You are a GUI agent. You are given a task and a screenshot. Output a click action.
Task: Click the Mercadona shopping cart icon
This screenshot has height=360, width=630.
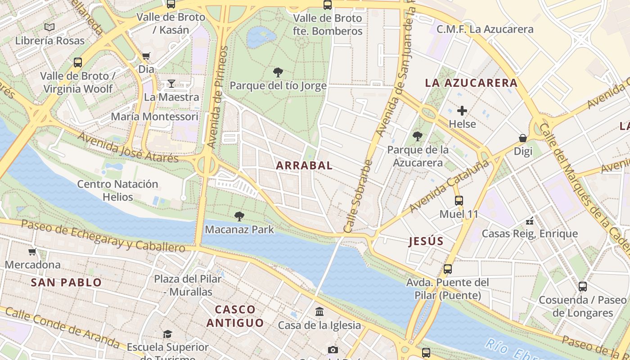32,252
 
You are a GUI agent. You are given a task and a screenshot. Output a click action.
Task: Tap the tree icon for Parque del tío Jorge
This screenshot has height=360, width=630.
278,72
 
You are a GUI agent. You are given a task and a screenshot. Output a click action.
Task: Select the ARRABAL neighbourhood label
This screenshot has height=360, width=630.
304,166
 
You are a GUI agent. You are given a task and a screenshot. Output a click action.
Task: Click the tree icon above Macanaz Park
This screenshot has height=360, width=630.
239,216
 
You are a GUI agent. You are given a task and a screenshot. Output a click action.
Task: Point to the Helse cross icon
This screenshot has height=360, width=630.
462,111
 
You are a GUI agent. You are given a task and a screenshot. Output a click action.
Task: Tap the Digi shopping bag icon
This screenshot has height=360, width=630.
523,138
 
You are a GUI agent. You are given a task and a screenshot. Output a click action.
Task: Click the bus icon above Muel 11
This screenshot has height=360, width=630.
459,201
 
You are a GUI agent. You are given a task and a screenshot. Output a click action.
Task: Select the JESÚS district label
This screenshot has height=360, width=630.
426,241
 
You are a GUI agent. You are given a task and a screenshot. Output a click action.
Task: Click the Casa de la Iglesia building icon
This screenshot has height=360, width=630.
319,311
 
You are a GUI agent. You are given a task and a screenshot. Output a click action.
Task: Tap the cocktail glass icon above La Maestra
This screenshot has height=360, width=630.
171,84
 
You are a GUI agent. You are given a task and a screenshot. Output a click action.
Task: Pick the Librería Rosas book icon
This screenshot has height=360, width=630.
49,27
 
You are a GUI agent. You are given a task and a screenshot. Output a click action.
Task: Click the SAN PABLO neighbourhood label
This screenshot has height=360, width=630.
66,283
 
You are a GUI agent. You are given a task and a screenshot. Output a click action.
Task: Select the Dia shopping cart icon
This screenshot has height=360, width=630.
146,56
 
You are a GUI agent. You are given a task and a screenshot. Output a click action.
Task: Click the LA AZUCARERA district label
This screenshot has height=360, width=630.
471,83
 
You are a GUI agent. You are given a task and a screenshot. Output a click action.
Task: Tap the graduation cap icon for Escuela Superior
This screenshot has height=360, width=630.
167,334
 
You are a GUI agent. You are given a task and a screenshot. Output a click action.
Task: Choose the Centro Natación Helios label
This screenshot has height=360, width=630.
117,190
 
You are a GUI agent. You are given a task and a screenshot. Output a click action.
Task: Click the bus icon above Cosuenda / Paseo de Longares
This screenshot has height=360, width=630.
582,286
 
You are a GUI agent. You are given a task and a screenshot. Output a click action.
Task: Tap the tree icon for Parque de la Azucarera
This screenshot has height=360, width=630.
418,136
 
